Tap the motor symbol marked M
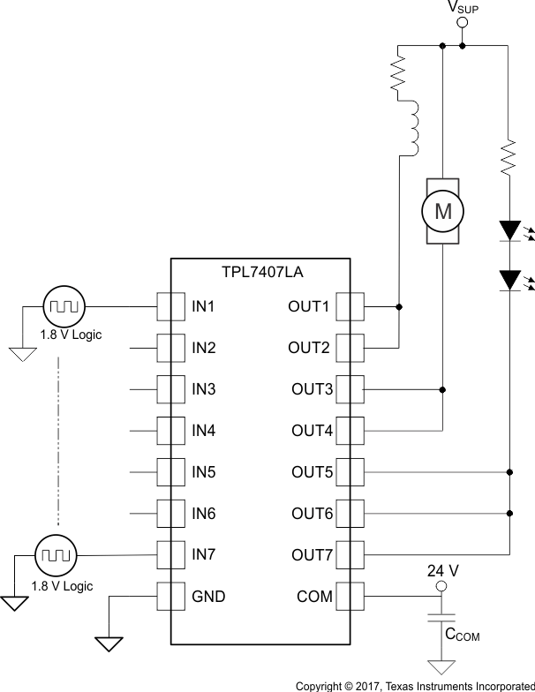tap(442, 211)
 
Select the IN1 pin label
tap(204, 307)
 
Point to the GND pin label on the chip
tap(208, 597)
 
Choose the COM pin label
tap(315, 597)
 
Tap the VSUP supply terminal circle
tap(462, 23)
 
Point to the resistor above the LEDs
tap(509, 158)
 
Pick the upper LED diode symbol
tap(510, 230)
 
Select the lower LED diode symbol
tap(510, 280)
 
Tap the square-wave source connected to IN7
tap(55, 556)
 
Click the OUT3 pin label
tap(313, 389)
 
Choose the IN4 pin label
tap(204, 431)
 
